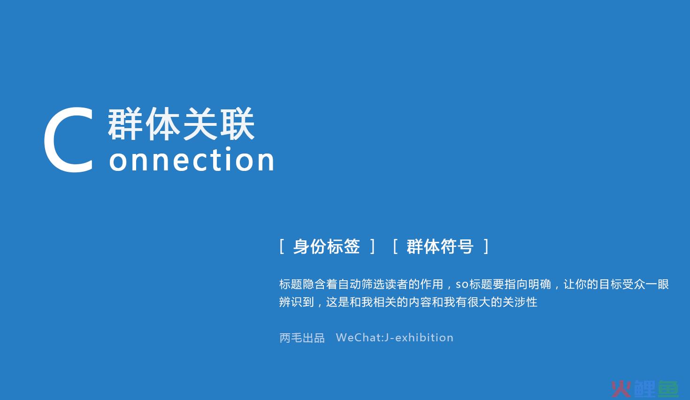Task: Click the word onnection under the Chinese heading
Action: (192, 159)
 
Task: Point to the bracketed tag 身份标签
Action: (327, 246)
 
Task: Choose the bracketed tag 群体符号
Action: (440, 246)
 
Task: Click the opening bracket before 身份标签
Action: (282, 246)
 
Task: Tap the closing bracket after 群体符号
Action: (486, 246)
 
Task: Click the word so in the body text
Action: (462, 285)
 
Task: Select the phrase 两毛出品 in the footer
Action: (302, 338)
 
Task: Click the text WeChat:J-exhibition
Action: (395, 338)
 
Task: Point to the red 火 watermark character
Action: (621, 389)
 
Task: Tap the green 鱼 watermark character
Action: (668, 389)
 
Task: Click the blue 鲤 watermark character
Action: (644, 389)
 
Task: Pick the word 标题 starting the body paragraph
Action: (291, 285)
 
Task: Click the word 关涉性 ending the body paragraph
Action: (520, 302)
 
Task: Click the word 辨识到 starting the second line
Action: (297, 302)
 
